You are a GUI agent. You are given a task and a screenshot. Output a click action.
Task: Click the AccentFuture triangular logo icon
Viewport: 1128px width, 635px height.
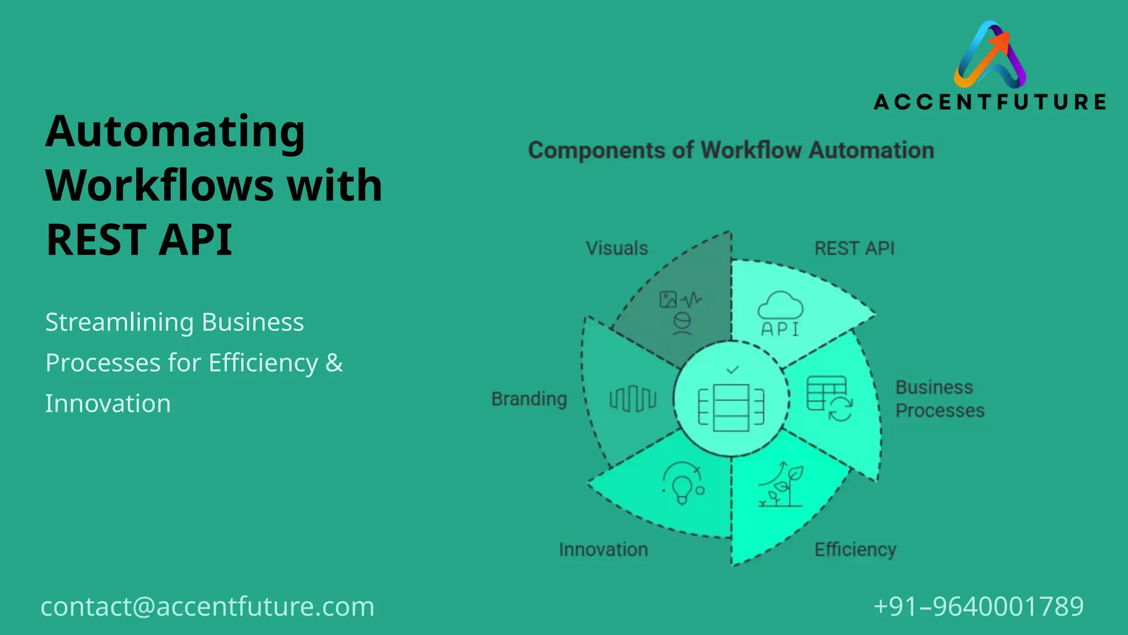coord(990,55)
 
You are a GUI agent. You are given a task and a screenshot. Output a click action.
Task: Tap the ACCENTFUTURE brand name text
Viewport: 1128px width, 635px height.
coord(990,102)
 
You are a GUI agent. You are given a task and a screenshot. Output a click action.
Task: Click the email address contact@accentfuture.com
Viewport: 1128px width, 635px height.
coord(208,606)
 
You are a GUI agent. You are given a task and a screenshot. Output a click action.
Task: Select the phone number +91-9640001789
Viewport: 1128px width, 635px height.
coord(978,606)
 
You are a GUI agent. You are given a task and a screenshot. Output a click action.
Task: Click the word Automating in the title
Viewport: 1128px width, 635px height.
coord(175,132)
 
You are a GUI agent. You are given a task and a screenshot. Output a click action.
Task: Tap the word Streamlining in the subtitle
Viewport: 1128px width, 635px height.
coord(118,322)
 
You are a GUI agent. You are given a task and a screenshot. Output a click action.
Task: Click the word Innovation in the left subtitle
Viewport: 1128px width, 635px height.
coord(108,403)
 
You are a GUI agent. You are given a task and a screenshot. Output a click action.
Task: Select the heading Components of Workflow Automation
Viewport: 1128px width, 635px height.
coord(731,150)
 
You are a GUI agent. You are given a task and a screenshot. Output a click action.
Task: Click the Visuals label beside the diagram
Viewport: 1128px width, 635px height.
coord(617,249)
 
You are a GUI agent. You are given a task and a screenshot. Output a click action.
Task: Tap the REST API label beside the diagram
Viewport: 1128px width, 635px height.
coord(854,249)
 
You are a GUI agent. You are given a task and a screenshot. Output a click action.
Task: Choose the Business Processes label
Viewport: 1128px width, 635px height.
coord(940,399)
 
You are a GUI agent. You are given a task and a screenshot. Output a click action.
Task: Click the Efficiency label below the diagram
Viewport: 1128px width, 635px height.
coord(855,550)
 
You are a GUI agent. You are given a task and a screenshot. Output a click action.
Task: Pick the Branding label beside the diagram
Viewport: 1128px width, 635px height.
coord(529,399)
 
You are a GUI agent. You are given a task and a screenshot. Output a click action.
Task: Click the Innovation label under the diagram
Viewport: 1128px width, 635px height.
coord(603,550)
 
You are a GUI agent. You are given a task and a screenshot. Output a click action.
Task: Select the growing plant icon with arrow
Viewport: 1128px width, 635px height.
coord(781,485)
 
